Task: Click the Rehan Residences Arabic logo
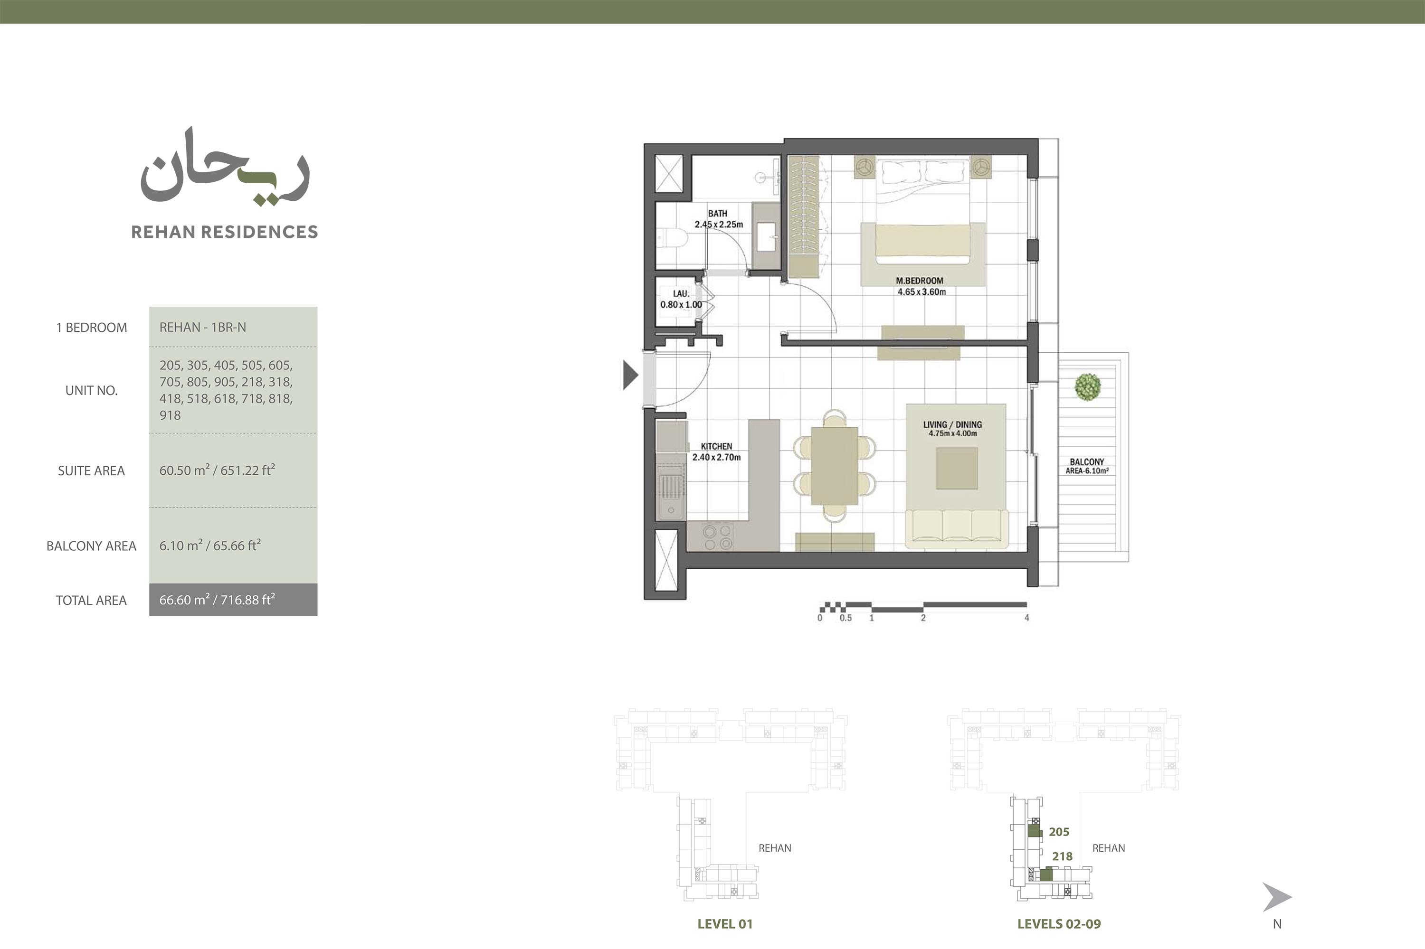(x=225, y=167)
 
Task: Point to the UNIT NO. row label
(x=92, y=390)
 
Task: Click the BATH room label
(x=718, y=214)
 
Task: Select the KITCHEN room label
(x=716, y=447)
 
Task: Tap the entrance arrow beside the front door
(x=630, y=375)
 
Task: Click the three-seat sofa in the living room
(x=957, y=526)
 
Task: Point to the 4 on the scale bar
(x=1026, y=618)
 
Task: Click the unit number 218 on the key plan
(x=1062, y=856)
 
